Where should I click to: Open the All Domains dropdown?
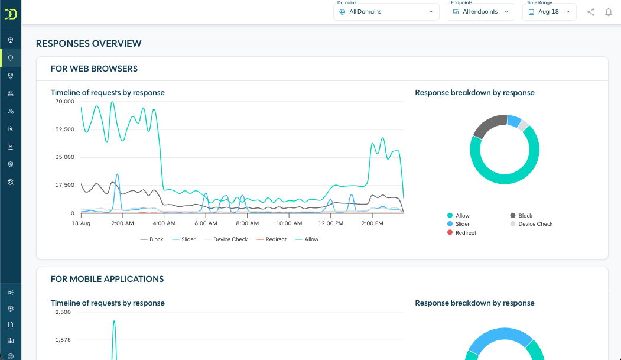386,12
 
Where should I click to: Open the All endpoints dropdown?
481,12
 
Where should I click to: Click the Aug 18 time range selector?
550,12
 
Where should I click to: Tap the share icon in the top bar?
590,12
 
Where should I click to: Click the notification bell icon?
609,12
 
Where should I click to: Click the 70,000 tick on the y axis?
65,102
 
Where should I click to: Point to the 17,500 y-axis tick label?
65,185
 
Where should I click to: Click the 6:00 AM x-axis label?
206,223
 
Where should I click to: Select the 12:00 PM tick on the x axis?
331,223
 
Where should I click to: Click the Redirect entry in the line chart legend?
272,239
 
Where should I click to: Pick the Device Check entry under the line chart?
226,239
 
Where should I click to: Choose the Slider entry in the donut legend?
459,224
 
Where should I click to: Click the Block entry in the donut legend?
521,215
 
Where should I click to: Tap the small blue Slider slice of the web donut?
514,121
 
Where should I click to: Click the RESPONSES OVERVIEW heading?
89,44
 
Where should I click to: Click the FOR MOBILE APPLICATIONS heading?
108,279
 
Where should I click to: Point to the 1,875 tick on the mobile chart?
63,340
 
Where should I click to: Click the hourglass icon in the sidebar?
11,147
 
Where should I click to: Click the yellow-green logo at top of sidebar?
11,14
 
